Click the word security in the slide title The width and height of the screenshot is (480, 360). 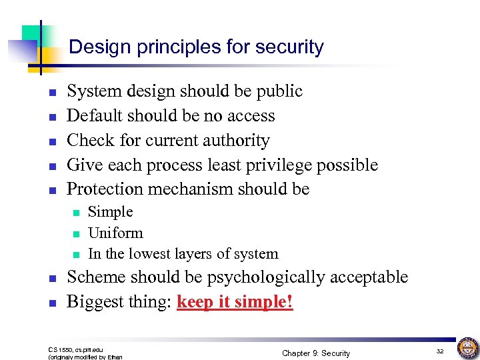[289, 47]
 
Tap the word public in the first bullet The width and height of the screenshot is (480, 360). [281, 91]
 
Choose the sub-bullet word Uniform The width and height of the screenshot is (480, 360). [115, 233]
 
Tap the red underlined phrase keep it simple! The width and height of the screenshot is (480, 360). [235, 303]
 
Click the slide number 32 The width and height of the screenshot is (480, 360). [440, 351]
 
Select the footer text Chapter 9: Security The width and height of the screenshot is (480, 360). [316, 353]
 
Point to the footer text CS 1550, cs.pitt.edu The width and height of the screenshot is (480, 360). [77, 349]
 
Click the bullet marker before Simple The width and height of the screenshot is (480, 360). [75, 213]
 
